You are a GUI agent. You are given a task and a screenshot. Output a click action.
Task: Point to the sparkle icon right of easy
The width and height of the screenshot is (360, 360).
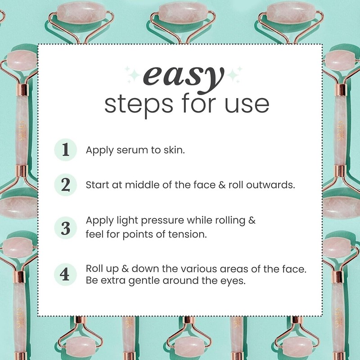tap(234, 73)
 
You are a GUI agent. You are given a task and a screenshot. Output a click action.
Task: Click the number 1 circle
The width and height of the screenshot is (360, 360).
tap(66, 150)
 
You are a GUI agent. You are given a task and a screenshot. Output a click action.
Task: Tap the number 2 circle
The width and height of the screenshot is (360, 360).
tap(66, 185)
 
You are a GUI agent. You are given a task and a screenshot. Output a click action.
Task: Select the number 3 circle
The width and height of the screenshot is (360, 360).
tap(66, 228)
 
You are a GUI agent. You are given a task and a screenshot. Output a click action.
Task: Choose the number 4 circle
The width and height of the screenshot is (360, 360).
tap(66, 274)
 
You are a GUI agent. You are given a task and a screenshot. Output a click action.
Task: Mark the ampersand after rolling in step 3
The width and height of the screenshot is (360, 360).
tap(252, 221)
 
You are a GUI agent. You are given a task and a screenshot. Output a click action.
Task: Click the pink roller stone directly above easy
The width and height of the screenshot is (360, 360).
tap(180, 13)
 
